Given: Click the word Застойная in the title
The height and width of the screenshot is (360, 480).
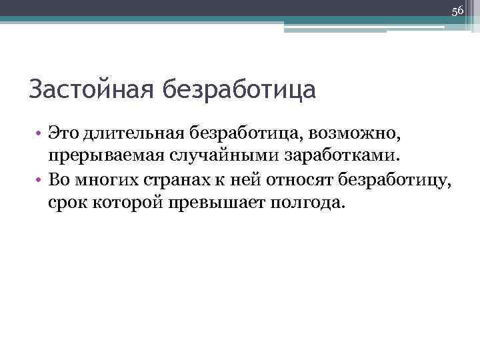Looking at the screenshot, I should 89,89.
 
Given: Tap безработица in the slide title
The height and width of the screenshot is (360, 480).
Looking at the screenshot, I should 236,89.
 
